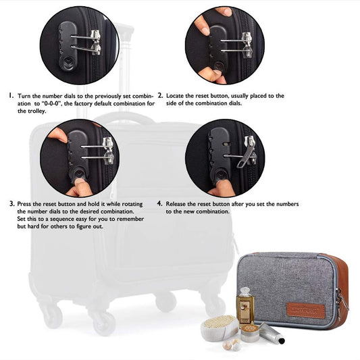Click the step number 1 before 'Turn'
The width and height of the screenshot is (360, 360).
11,95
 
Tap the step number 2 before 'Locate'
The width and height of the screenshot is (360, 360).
160,95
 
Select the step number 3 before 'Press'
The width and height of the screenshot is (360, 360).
12,203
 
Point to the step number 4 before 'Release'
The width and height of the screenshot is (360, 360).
160,203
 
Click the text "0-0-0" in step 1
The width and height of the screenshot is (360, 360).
51,103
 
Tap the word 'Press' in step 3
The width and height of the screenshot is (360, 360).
24,204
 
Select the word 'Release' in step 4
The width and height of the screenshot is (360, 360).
176,204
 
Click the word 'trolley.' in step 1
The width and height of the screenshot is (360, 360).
32,111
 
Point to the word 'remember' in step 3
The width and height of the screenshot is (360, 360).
130,219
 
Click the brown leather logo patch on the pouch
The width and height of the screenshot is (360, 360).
306,310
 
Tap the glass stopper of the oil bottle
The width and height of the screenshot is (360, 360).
245,290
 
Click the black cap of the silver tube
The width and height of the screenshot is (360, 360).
281,340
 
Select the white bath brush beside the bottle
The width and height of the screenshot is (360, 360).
220,328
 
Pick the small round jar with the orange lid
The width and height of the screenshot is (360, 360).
250,333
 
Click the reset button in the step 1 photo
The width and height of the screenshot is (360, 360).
68,62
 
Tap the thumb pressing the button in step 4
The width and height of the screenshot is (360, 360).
222,188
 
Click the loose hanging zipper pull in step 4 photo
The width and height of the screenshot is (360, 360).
246,154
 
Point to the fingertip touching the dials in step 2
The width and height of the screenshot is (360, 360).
203,27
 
